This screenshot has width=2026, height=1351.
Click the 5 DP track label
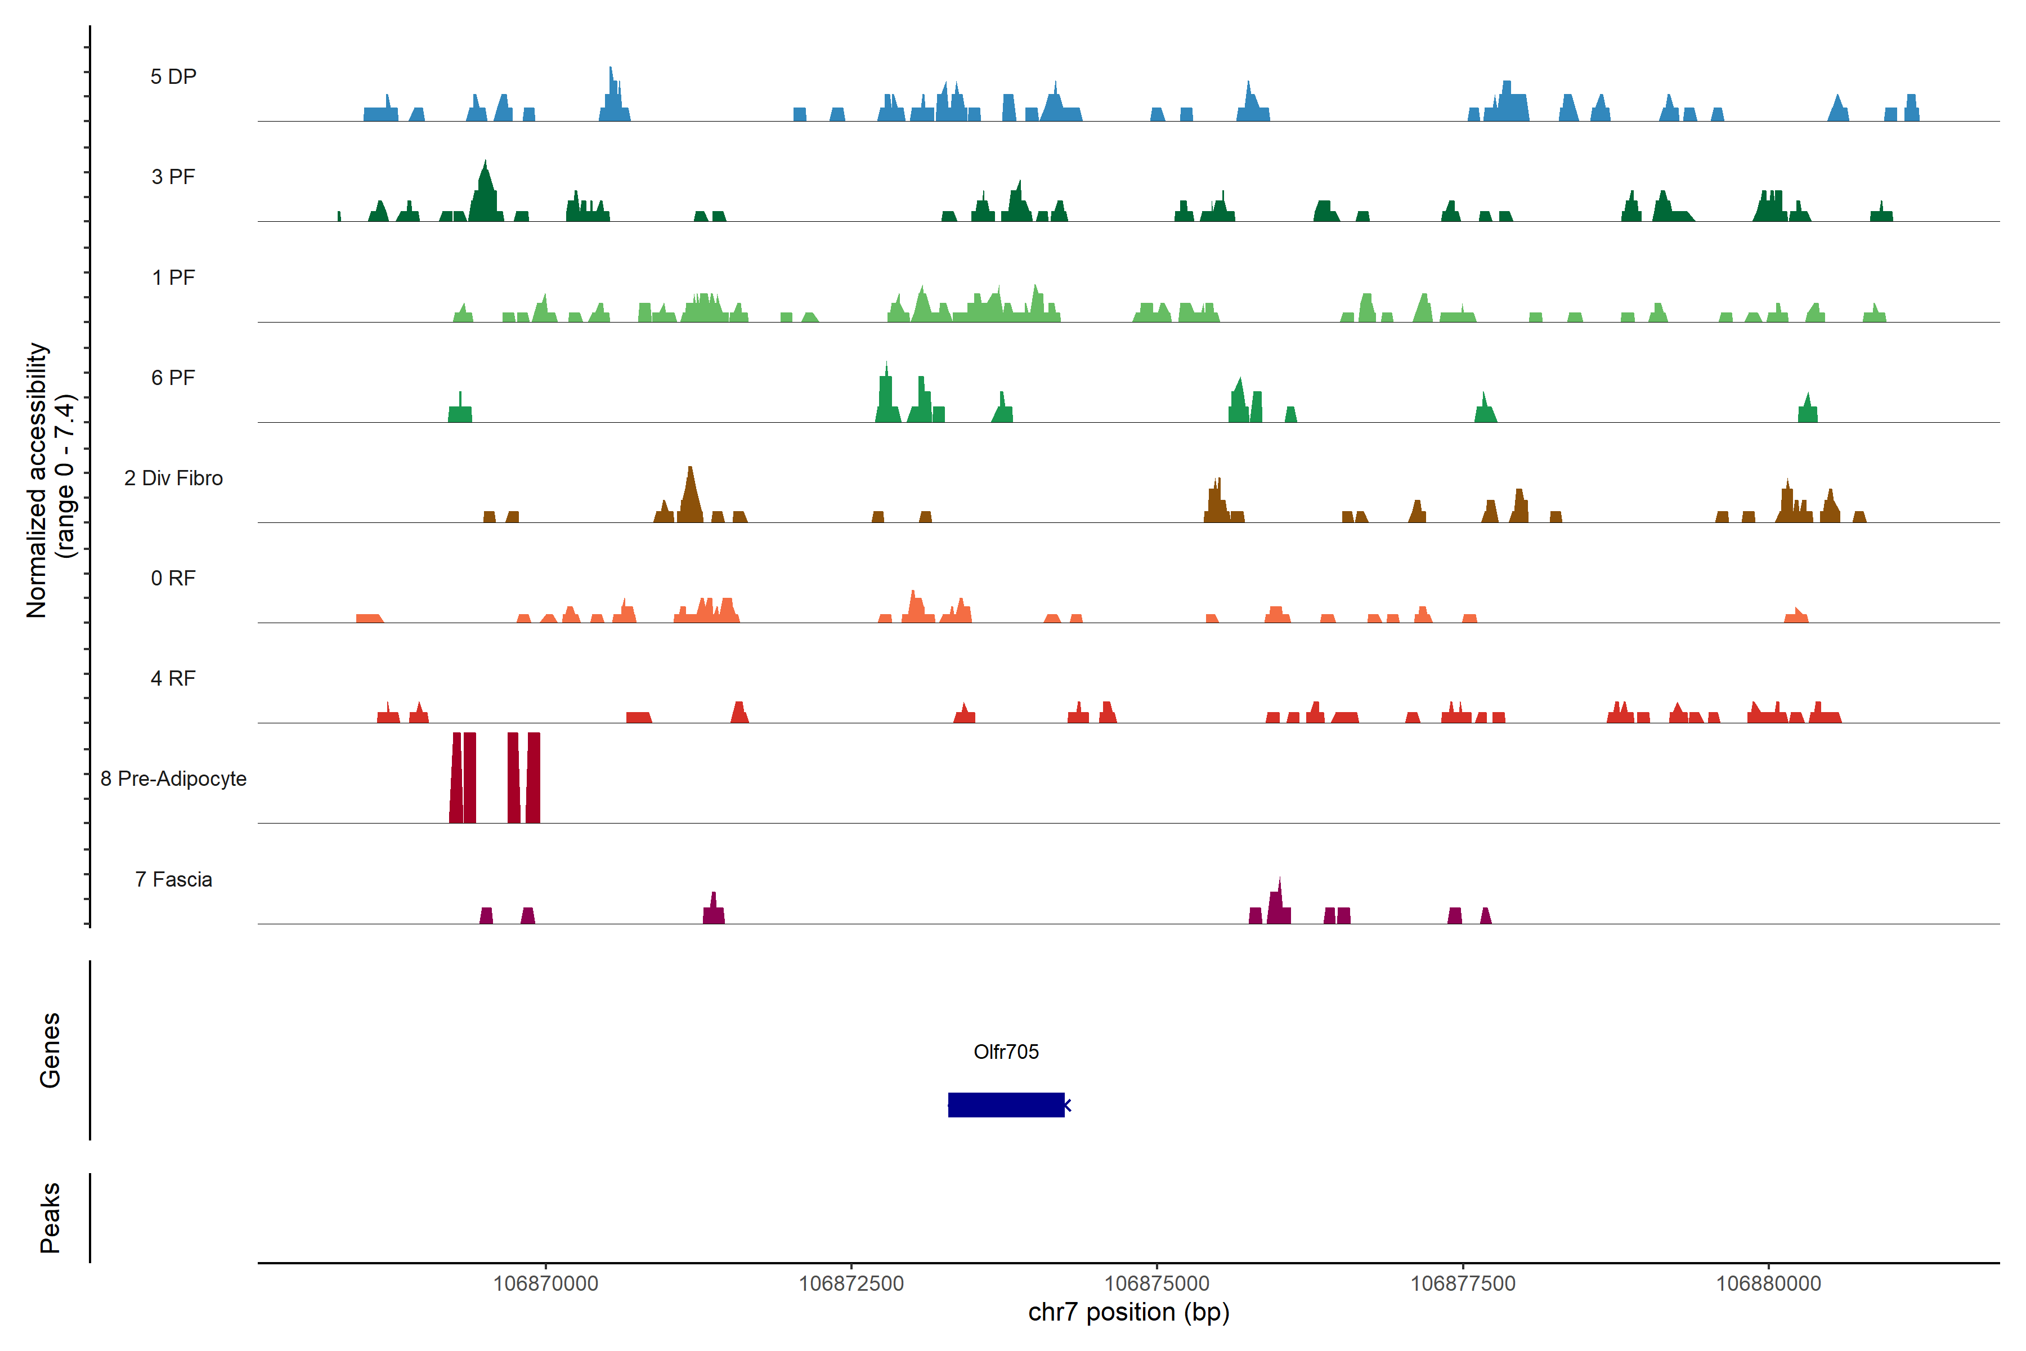click(x=173, y=77)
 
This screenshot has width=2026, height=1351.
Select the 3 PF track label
click(x=173, y=177)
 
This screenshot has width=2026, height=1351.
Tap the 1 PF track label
click(x=173, y=278)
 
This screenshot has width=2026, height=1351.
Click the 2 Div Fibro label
click(x=173, y=478)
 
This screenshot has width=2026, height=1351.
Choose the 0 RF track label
click(x=173, y=578)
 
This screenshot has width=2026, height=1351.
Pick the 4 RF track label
click(x=173, y=678)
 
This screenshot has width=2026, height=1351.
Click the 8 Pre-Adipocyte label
click(x=173, y=779)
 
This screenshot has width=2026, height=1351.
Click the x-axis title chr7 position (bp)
click(x=1128, y=1312)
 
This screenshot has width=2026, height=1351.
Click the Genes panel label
click(x=50, y=1050)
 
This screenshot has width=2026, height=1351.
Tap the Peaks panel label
click(x=50, y=1218)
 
